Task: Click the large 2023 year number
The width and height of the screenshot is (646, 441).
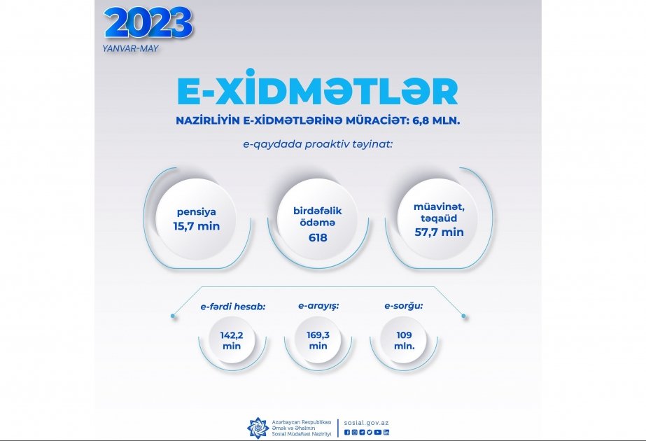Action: (148, 23)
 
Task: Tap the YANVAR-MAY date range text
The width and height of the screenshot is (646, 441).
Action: (131, 48)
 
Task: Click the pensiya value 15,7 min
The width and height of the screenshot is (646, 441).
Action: (197, 226)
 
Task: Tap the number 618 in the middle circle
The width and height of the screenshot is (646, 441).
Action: (318, 237)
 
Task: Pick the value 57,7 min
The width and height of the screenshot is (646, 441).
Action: (439, 232)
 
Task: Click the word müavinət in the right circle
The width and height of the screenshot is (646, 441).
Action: (439, 207)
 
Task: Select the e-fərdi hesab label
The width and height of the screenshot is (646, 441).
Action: (233, 307)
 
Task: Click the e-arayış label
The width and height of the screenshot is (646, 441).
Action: (318, 306)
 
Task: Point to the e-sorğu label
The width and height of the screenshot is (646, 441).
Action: (404, 306)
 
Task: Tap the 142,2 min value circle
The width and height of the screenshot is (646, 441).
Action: (232, 340)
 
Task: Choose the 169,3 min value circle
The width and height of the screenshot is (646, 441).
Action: (318, 340)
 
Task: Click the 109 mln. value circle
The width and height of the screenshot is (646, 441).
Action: (404, 340)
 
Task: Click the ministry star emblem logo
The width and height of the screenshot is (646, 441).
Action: (258, 428)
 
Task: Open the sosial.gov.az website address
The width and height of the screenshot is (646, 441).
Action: (366, 423)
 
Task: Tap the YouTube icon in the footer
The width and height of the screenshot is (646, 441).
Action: (378, 433)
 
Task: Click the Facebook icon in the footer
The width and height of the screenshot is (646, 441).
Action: (347, 433)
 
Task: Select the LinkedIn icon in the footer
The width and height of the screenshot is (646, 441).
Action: (386, 433)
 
